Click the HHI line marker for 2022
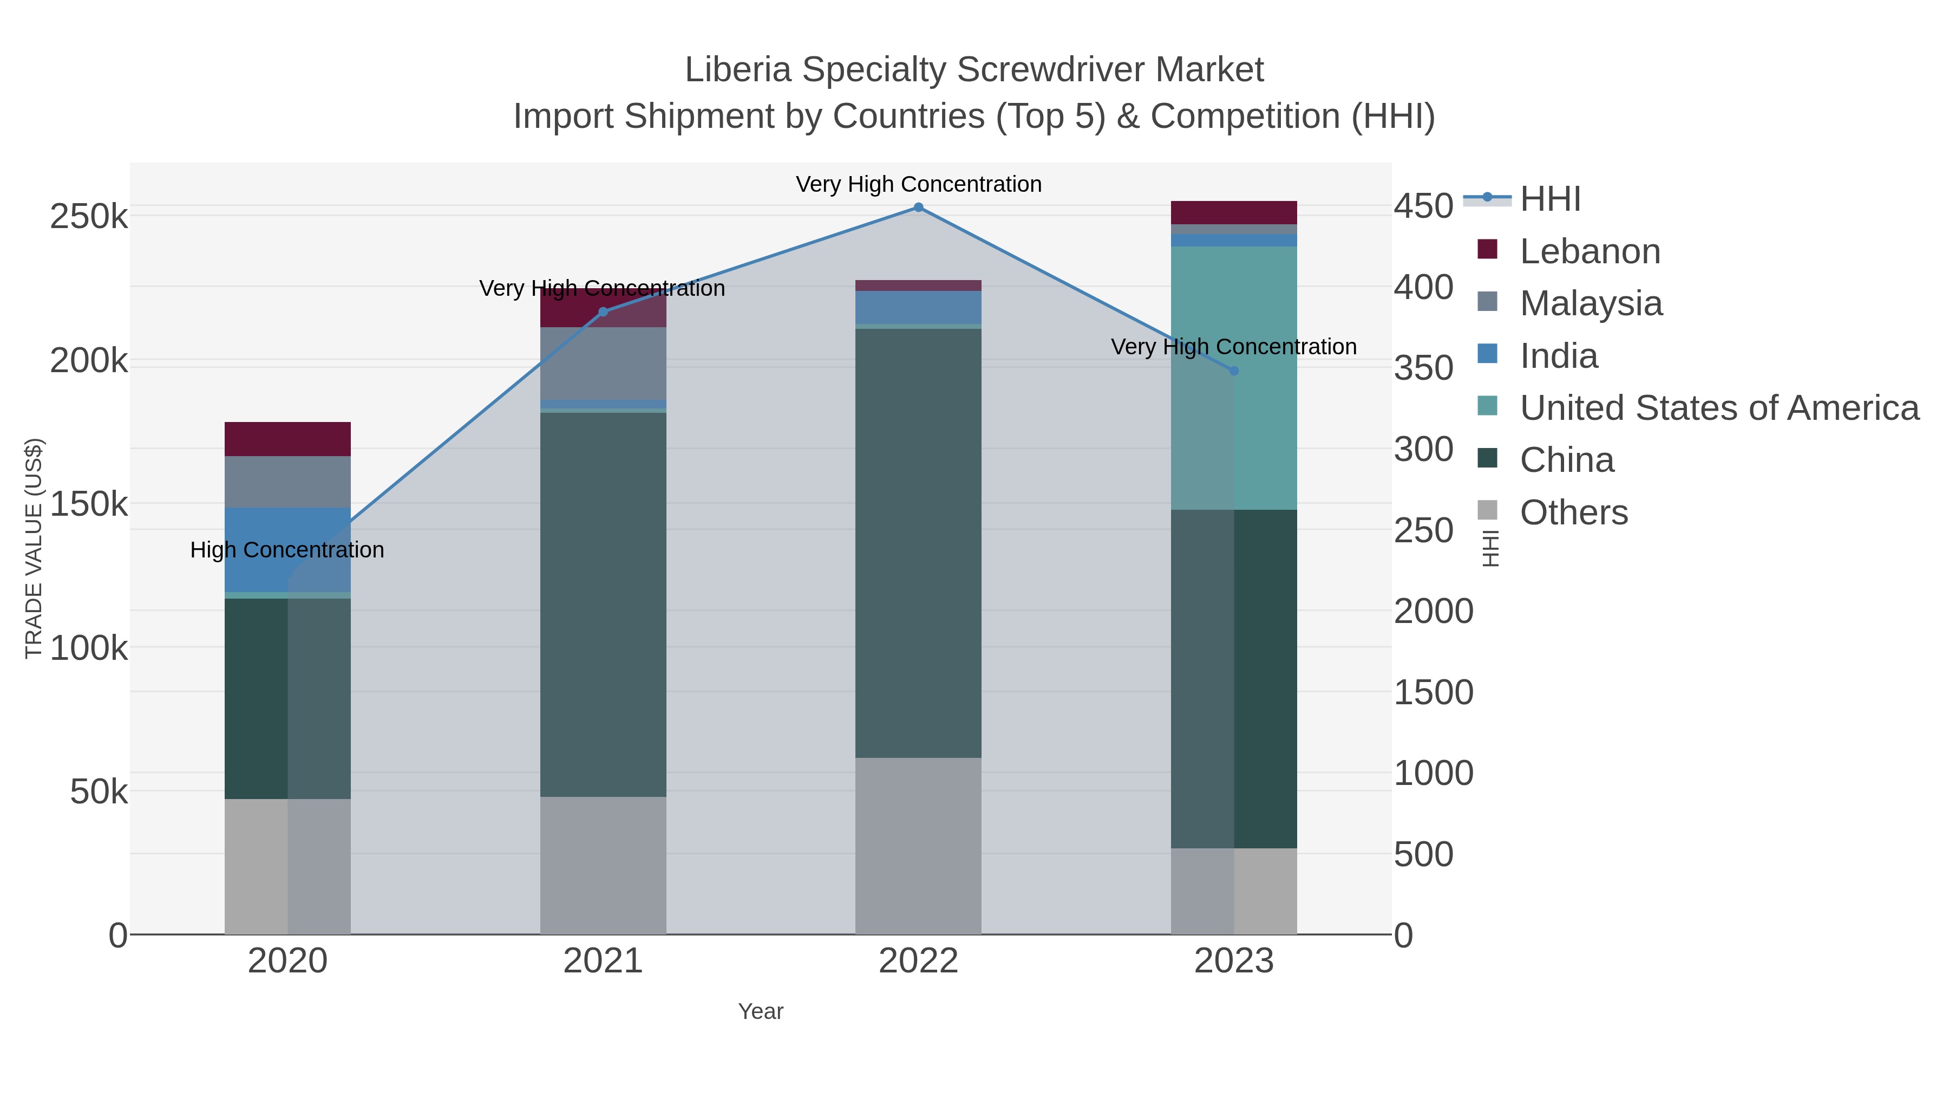coord(918,207)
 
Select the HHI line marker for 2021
coord(603,312)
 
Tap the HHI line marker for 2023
coord(1234,371)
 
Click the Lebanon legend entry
coord(1589,251)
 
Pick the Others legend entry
coord(1573,512)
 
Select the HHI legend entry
coord(1549,199)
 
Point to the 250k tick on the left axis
coord(89,217)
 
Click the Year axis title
coord(761,1011)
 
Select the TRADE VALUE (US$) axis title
coord(34,548)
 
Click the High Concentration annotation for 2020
coord(287,550)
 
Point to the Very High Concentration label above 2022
coord(918,184)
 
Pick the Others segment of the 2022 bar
coord(918,846)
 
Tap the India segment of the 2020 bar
coord(257,549)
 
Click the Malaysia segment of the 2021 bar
coord(603,363)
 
